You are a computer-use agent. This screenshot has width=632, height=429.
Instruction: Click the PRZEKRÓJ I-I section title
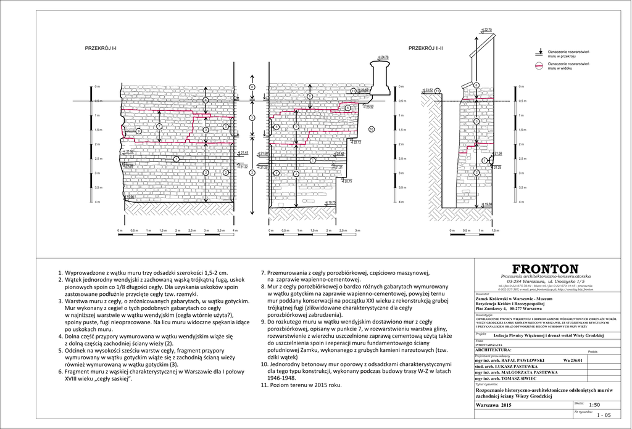(101, 47)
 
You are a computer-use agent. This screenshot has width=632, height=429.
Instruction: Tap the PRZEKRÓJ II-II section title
(426, 47)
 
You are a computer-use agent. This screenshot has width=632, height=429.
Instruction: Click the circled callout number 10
(371, 129)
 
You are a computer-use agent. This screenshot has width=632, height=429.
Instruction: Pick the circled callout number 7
(159, 126)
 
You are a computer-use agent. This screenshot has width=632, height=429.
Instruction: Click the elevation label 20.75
(348, 181)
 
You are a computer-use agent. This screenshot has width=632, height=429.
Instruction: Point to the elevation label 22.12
(356, 142)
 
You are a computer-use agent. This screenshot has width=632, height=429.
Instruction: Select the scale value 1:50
(594, 405)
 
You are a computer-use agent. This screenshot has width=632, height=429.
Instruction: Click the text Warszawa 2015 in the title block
(494, 406)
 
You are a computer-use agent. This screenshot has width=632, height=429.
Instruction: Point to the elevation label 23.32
(369, 107)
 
